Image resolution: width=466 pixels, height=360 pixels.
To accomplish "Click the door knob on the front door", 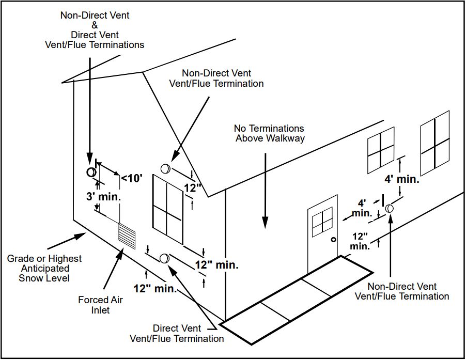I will (334, 240).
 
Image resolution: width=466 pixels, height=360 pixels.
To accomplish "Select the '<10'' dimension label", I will (131, 179).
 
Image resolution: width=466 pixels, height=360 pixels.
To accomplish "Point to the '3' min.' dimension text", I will (103, 197).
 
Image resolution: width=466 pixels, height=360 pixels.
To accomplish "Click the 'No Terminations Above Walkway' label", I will (269, 133).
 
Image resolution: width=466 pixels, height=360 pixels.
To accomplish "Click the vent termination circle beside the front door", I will (390, 208).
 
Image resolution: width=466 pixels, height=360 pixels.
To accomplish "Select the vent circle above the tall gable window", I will (165, 168).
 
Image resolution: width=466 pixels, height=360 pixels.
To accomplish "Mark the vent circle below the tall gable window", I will (165, 258).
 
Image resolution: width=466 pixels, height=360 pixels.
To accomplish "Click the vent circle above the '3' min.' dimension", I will (90, 172).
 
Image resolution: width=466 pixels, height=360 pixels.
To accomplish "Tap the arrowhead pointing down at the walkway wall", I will (265, 223).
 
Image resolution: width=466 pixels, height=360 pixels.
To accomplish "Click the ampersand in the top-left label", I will (95, 25).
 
